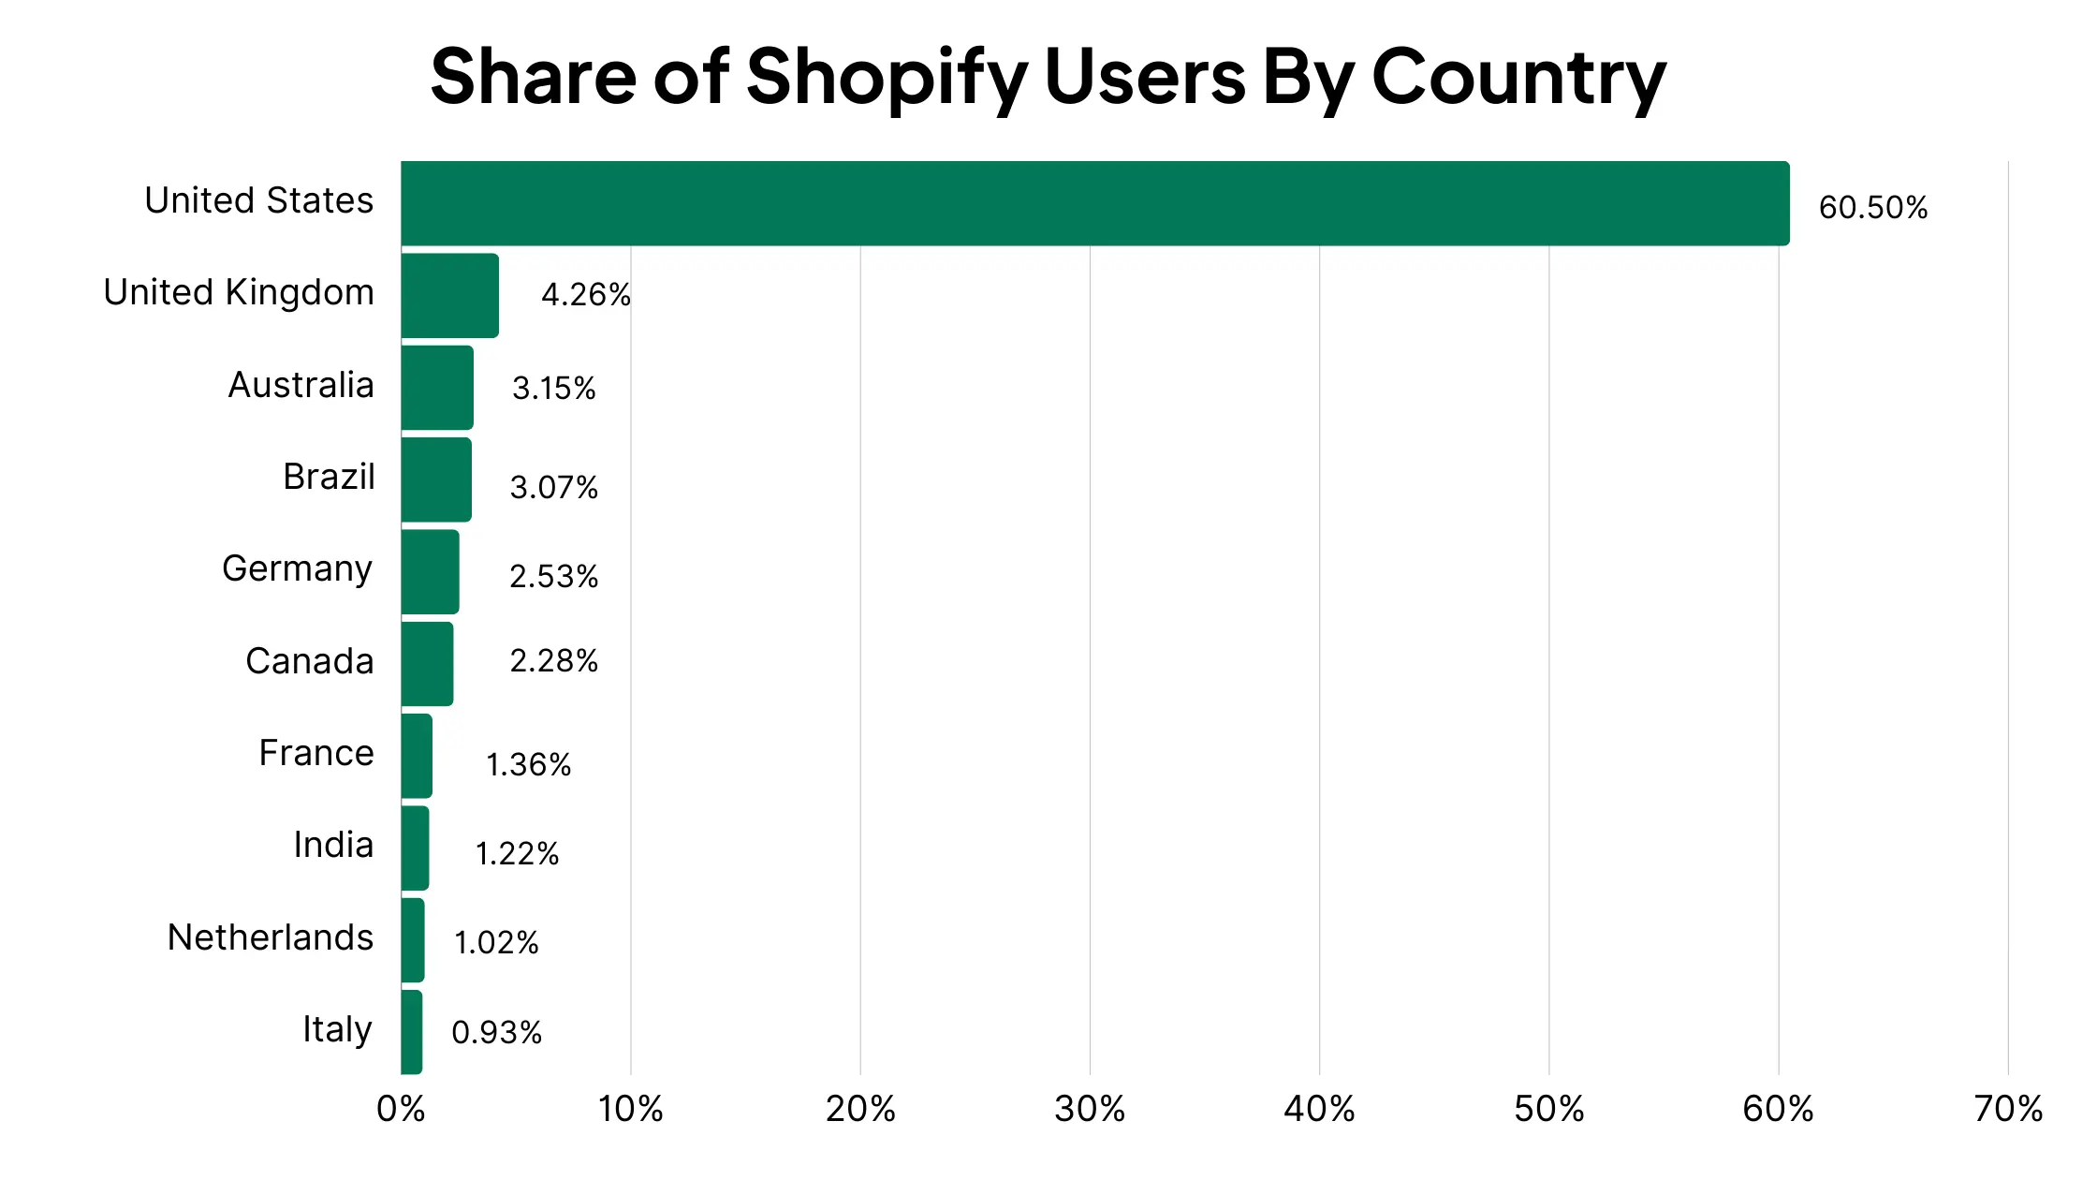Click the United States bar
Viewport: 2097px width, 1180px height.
click(x=1095, y=203)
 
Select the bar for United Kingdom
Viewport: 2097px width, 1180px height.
click(x=450, y=296)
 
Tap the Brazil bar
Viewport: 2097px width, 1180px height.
click(x=436, y=479)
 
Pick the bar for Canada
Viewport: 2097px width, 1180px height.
click(x=428, y=664)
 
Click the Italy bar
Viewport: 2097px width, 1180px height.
click(x=412, y=1032)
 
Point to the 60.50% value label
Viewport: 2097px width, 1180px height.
click(x=1872, y=208)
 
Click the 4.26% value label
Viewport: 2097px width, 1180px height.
click(x=586, y=295)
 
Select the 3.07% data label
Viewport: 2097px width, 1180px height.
click(x=553, y=487)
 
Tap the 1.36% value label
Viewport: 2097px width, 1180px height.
click(x=528, y=765)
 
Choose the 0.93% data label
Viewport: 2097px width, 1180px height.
click(x=496, y=1033)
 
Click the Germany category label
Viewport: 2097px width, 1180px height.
click(x=298, y=569)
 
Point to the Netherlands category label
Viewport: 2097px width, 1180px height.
click(x=270, y=937)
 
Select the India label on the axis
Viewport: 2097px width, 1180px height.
click(x=333, y=845)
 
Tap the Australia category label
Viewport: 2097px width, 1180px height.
click(x=301, y=385)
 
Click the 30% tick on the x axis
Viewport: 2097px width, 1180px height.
click(x=1089, y=1110)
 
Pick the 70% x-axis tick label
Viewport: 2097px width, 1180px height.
click(x=2007, y=1110)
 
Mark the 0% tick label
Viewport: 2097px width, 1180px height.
click(x=401, y=1110)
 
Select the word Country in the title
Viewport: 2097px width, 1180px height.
click(x=1518, y=77)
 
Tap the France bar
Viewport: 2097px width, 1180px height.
click(x=417, y=756)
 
